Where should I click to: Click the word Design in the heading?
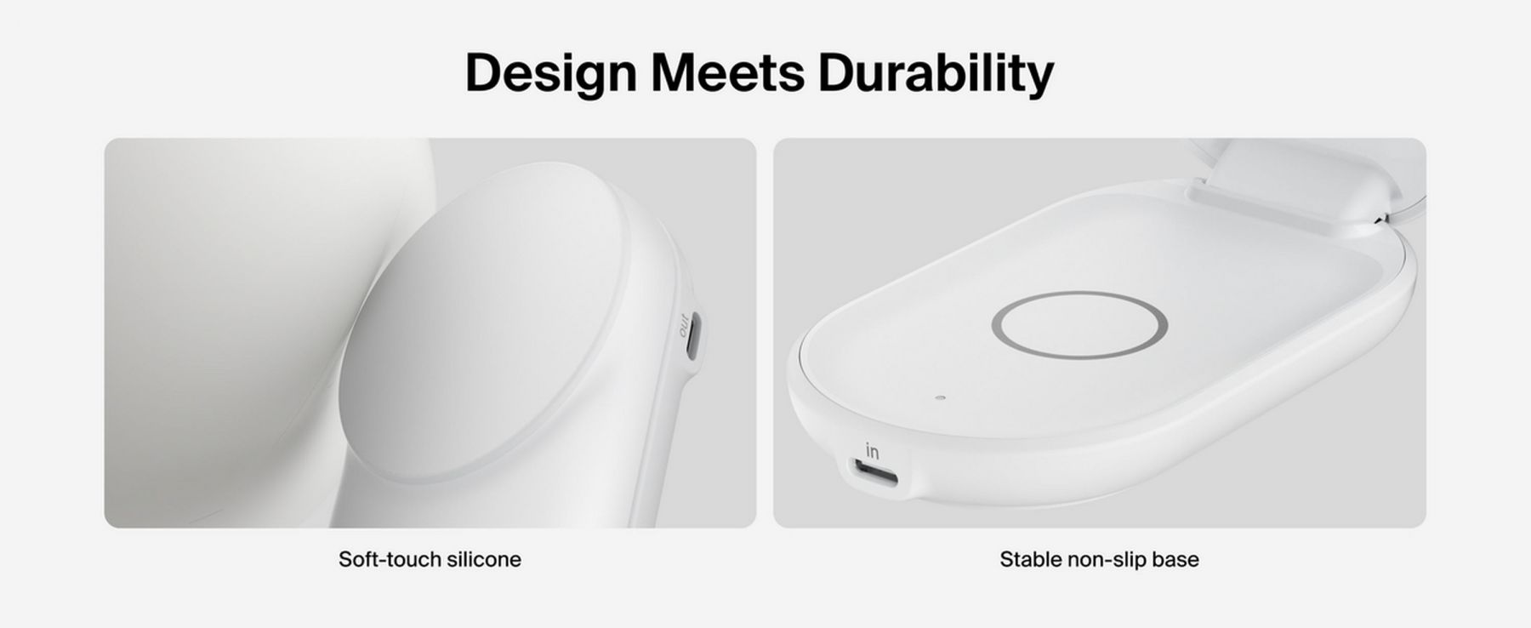[550, 73]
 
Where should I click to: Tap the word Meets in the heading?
[727, 72]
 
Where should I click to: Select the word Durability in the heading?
[936, 73]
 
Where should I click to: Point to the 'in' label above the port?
[872, 450]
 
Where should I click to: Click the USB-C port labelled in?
[874, 472]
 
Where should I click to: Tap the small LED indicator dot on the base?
[940, 397]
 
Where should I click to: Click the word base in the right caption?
[1175, 559]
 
